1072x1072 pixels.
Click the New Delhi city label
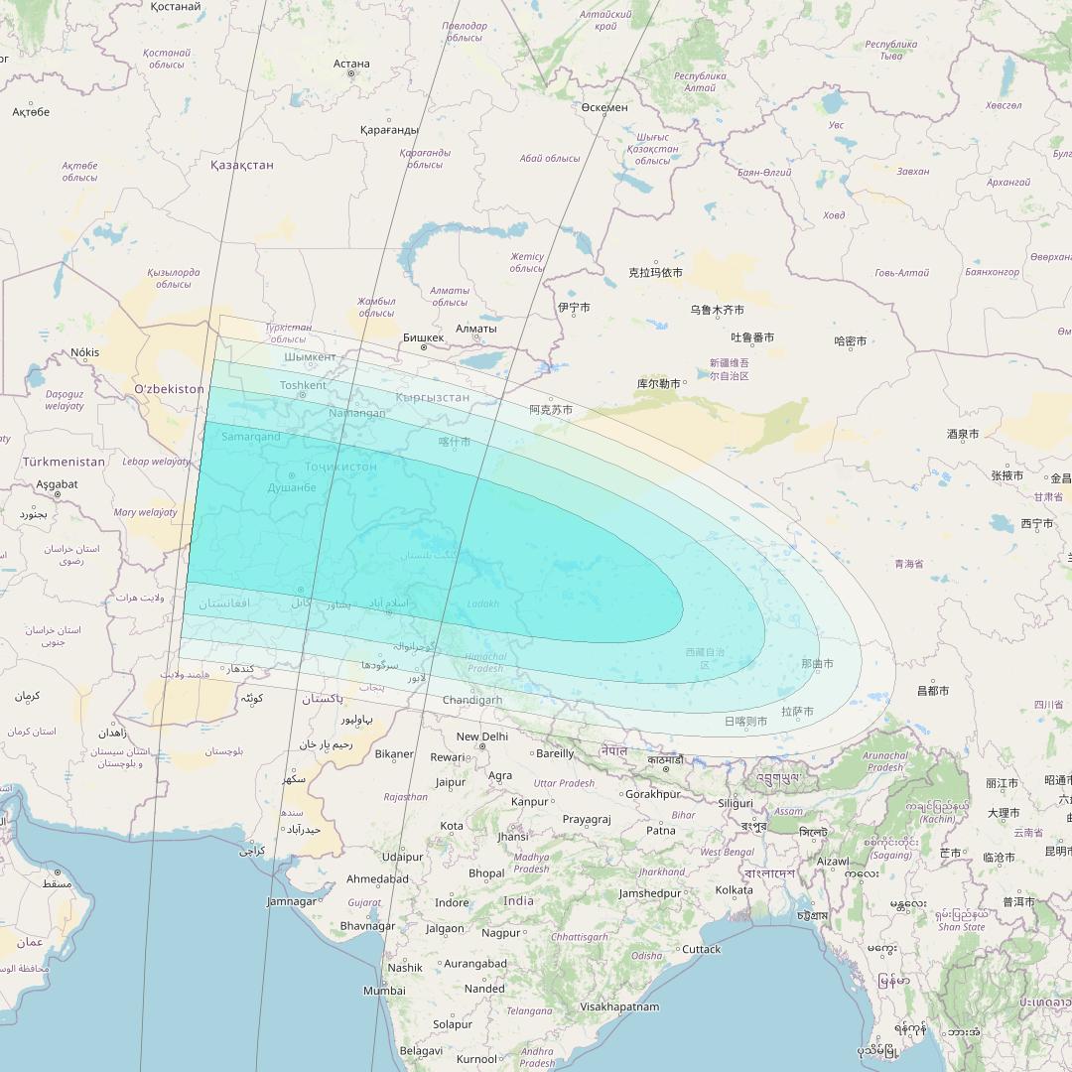pos(481,737)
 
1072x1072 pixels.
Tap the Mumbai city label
pos(384,991)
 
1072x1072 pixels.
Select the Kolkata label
pos(734,890)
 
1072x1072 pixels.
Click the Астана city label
pos(351,64)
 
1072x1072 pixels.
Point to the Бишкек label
pos(424,337)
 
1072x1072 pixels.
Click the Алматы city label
pos(475,329)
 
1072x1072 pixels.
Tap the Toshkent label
pos(303,385)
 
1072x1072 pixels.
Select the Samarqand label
pos(250,437)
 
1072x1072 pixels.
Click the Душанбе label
pos(292,487)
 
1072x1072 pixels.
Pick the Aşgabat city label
pos(57,484)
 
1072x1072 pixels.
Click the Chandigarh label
pos(472,700)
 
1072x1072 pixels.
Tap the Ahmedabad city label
pos(377,879)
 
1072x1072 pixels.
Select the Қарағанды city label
pos(389,130)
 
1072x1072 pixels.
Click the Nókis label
pos(85,352)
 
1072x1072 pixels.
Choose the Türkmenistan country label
pos(64,462)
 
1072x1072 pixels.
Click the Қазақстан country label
pos(241,165)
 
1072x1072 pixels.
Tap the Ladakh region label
pos(483,603)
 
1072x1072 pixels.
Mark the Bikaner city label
pos(394,754)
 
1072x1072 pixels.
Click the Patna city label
pos(660,830)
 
